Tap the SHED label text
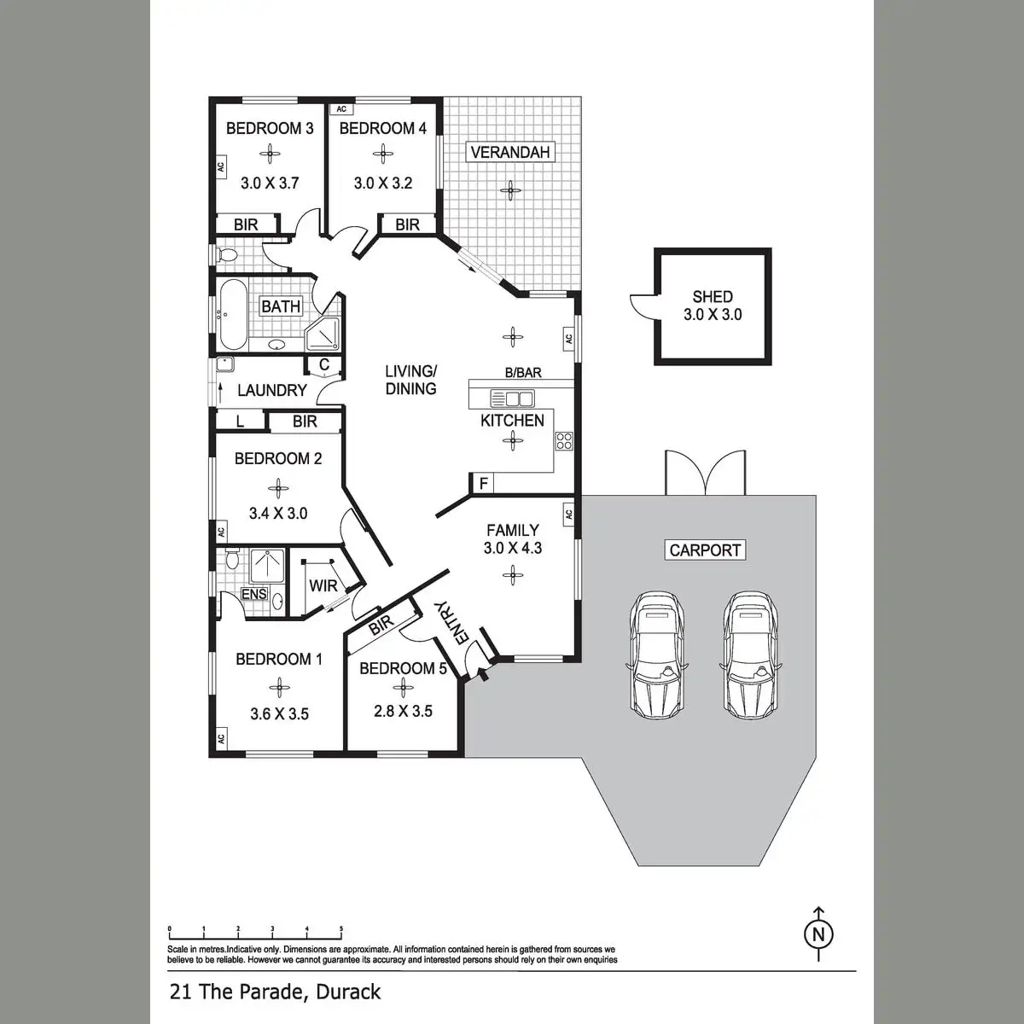point(713,296)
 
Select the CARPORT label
point(705,550)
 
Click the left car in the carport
point(656,655)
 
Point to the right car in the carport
point(752,655)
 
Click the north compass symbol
point(819,934)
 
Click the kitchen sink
point(512,399)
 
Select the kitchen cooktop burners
point(564,440)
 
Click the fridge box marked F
point(484,484)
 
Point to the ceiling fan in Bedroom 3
point(270,154)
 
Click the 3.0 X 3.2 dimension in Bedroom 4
point(383,183)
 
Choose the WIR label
point(323,586)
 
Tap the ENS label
point(254,594)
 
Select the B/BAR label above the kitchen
point(523,373)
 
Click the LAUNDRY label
point(271,390)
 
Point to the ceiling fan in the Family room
point(512,575)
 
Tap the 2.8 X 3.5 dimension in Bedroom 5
point(403,711)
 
